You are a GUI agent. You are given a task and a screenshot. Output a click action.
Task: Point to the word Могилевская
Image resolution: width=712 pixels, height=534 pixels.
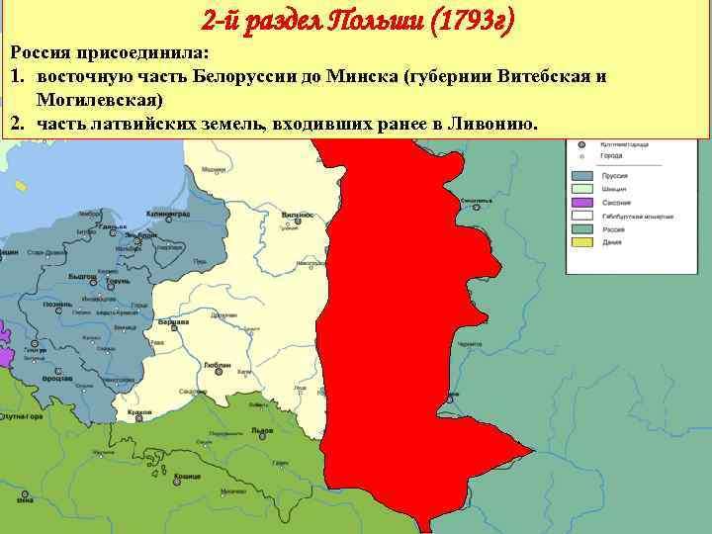click(100, 101)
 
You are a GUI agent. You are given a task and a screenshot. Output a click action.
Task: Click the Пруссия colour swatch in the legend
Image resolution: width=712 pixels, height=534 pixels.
click(580, 178)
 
